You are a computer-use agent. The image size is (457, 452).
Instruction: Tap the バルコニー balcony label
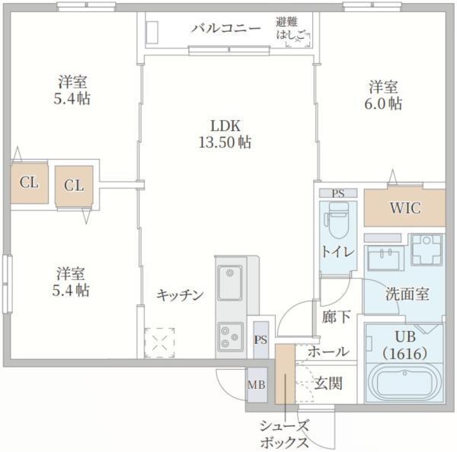coord(225,29)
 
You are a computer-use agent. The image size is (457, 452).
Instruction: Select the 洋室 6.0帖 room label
coord(385,95)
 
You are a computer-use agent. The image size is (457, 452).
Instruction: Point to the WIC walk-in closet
coord(404,207)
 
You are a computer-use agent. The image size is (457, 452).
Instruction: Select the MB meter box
coord(256,384)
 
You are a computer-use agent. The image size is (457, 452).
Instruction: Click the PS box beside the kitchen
coord(260,339)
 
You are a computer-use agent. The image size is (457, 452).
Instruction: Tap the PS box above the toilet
coord(337,193)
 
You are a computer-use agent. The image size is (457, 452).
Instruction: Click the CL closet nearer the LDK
coord(73,186)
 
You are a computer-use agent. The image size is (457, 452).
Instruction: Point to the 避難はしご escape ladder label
coord(292,29)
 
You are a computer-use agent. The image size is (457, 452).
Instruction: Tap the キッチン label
coord(181,294)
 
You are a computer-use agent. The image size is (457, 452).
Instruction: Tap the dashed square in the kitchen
coord(160,342)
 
